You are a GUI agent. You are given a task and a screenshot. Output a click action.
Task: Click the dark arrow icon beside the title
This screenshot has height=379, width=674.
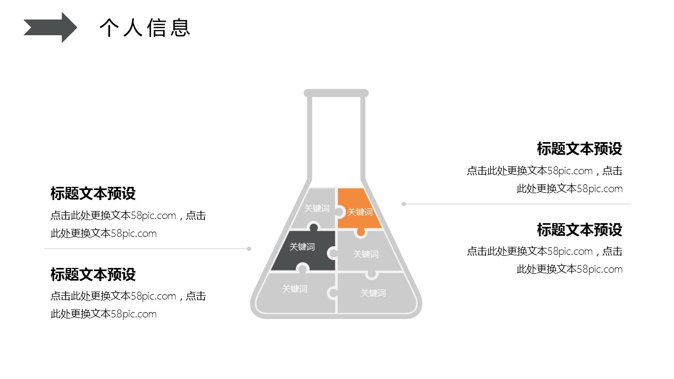coord(51,27)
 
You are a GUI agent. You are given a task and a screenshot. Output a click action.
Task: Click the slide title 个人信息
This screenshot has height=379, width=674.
coord(145,28)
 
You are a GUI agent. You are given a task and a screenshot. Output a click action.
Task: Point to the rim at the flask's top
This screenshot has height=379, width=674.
coord(336,93)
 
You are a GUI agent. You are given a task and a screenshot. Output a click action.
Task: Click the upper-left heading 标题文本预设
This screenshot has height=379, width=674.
coord(93,194)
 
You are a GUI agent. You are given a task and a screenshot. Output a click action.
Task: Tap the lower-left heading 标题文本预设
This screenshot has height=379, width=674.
coord(93,274)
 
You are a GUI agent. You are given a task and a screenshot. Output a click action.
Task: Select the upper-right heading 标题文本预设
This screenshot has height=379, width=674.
coord(579,149)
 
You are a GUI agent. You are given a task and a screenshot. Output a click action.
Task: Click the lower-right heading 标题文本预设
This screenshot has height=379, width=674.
coord(579,230)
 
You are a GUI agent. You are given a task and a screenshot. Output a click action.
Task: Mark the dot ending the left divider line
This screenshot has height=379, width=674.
coord(249,248)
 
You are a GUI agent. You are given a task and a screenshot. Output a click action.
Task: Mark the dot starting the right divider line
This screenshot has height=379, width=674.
coord(404,204)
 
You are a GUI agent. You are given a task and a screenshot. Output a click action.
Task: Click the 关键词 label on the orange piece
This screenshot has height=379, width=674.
coord(360,212)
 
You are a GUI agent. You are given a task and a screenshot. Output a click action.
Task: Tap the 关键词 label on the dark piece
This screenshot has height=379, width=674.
coord(302,247)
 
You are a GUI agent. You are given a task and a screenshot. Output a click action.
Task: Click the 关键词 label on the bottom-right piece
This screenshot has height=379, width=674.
coord(373,293)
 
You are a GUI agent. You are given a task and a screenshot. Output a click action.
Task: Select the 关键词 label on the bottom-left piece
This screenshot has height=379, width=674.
coord(295,289)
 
